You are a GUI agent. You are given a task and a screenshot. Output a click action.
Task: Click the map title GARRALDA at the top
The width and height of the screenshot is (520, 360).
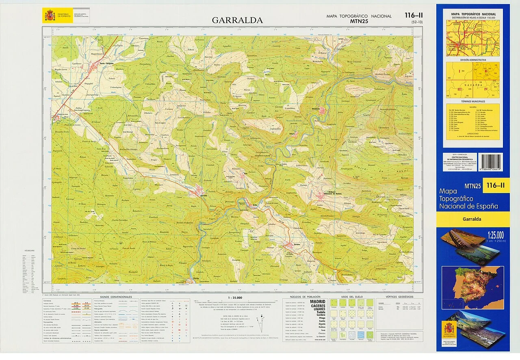(x=237, y=20)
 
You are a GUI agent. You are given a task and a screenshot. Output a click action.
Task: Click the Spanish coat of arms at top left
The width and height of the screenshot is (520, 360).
(x=50, y=16)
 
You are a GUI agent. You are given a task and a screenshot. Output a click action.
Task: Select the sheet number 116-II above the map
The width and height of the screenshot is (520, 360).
(x=414, y=16)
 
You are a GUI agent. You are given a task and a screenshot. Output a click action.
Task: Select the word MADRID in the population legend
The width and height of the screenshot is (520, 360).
(x=317, y=301)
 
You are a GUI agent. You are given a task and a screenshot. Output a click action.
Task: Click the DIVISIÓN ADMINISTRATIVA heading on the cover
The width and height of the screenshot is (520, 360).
(x=472, y=60)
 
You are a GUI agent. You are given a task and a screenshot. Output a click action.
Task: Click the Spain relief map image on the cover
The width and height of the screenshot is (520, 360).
(x=472, y=287)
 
